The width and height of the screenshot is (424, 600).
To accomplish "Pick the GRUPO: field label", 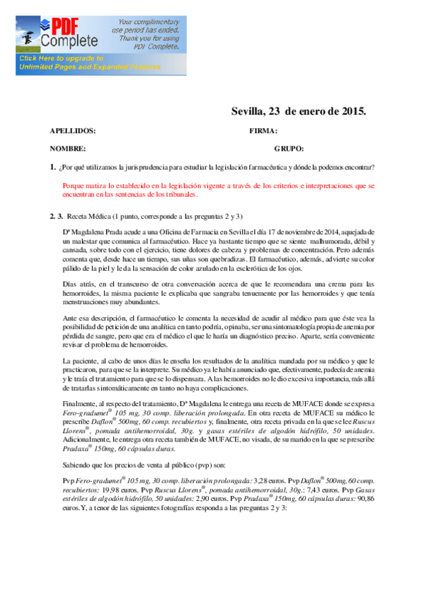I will click(x=289, y=149).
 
